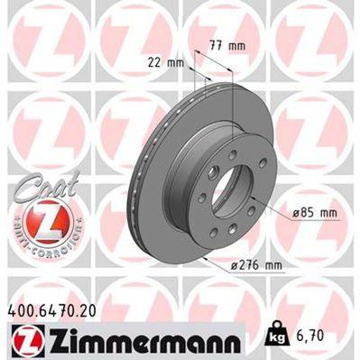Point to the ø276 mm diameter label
click(x=255, y=264)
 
